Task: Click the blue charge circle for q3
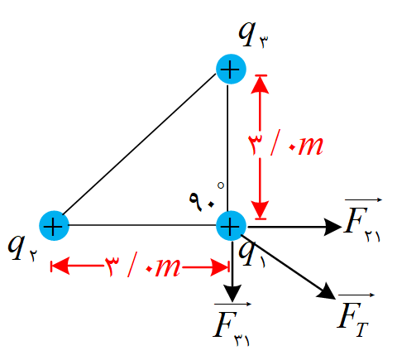[x=231, y=69]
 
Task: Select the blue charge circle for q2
[x=54, y=226]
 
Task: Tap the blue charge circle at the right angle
[x=231, y=226]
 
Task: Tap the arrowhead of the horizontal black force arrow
[x=333, y=227]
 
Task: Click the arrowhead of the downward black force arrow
[x=232, y=293]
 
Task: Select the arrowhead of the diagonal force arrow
[x=327, y=292]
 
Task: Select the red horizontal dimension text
[x=142, y=267]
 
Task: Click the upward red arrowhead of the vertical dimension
[x=260, y=85]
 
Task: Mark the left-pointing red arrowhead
[x=60, y=266]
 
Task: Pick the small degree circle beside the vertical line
[x=221, y=185]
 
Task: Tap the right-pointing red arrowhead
[x=219, y=267]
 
